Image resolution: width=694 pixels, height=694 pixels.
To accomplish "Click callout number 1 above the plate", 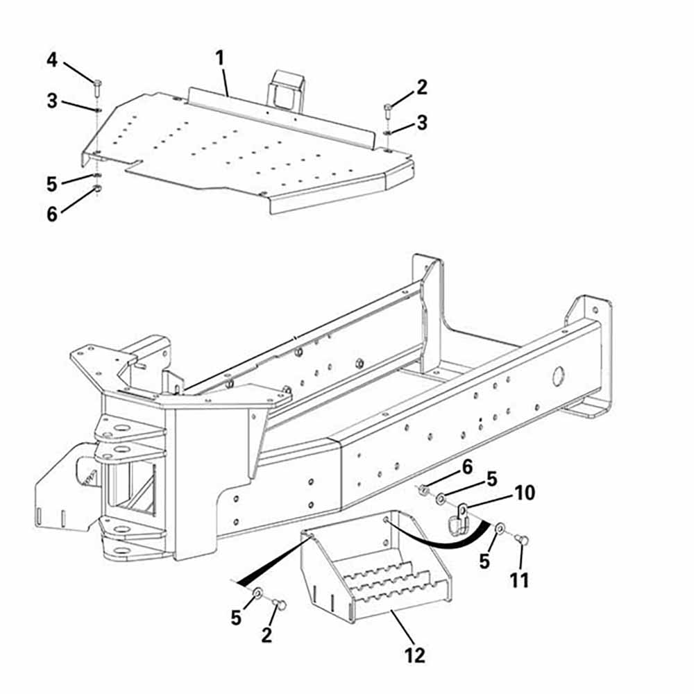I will pyautogui.click(x=220, y=58).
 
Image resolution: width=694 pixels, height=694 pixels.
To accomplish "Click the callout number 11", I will pyautogui.click(x=519, y=579).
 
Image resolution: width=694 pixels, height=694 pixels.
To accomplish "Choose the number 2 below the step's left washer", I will pyautogui.click(x=266, y=634).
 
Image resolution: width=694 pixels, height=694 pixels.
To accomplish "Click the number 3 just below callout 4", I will pyautogui.click(x=53, y=101).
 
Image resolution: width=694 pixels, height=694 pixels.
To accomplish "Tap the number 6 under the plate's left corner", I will pyautogui.click(x=53, y=214).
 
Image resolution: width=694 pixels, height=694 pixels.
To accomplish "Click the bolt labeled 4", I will pyautogui.click(x=96, y=87).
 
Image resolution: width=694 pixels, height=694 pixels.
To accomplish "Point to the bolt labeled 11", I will pyautogui.click(x=523, y=540).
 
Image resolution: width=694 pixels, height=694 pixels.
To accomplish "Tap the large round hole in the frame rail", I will pyautogui.click(x=558, y=377).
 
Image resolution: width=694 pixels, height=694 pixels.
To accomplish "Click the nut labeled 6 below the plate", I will pyautogui.click(x=98, y=188).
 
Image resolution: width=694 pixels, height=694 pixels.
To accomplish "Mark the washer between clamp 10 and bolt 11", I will pyautogui.click(x=499, y=530).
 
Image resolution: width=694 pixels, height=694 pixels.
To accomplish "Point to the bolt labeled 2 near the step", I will pyautogui.click(x=281, y=604).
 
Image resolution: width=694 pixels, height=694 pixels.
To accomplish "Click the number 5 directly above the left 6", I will pyautogui.click(x=53, y=184).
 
